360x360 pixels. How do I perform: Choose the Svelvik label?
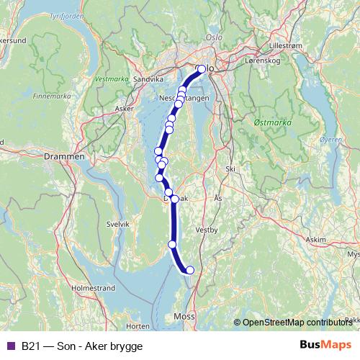coord(117,224)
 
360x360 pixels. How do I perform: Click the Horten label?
coord(138,325)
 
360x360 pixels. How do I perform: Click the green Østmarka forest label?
coord(273,123)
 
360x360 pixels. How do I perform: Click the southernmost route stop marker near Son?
coord(190,270)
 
